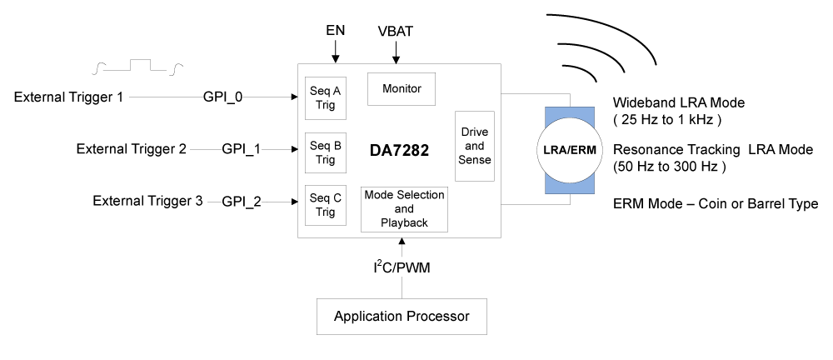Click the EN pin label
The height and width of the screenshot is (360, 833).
click(335, 31)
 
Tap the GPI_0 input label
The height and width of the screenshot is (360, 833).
click(223, 97)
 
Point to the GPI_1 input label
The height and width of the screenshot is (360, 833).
click(242, 149)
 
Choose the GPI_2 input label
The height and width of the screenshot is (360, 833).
click(242, 202)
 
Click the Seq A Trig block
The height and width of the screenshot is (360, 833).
click(326, 98)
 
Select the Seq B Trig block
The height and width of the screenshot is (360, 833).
click(326, 152)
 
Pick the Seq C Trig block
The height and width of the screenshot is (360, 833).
click(326, 205)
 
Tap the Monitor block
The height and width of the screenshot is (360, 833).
click(402, 88)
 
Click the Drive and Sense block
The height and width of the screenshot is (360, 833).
click(475, 146)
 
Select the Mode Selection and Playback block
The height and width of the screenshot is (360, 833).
click(404, 209)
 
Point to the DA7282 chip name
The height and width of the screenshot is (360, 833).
click(400, 151)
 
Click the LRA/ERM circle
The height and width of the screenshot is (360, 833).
click(570, 151)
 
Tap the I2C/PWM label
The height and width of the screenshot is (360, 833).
click(402, 267)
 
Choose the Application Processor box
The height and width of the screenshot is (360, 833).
click(402, 317)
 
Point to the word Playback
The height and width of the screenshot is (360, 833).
click(404, 223)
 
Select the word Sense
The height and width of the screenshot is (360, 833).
click(475, 160)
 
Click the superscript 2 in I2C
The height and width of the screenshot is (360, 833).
click(379, 262)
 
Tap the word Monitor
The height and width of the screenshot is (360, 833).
click(402, 88)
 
